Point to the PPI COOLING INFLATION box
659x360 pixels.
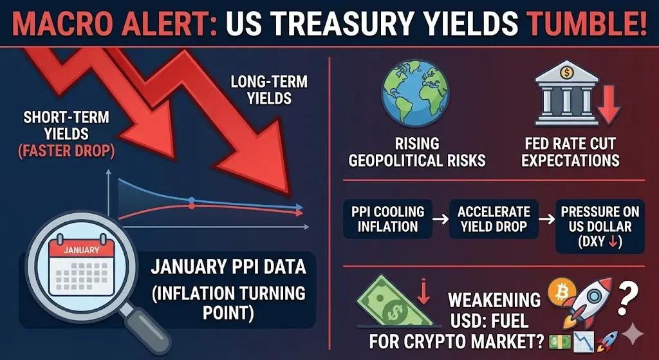387,219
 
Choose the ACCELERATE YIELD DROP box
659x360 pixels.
494,219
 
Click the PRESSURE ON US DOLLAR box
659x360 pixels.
600,227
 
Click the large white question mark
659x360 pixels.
628,298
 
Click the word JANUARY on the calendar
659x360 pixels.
81,251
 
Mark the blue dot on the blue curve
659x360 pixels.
192,200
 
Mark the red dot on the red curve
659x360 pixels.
192,206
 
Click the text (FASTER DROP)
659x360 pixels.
66,151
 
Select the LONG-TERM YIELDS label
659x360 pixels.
269,90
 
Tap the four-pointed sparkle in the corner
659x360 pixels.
632,335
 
